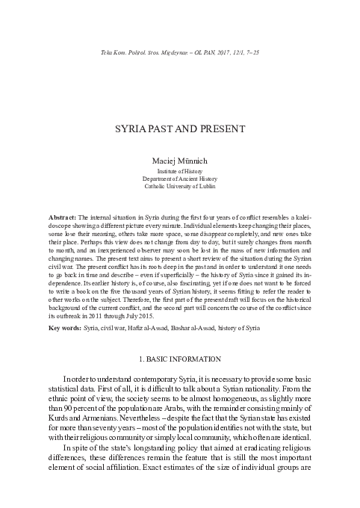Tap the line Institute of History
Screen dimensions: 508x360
180,170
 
